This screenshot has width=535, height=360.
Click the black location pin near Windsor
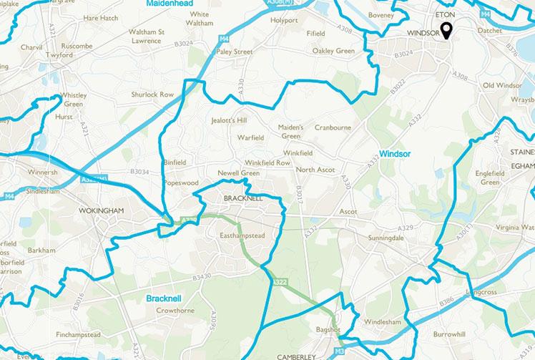point(446,29)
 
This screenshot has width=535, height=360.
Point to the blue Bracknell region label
point(166,297)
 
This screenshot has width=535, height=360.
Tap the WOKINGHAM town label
point(92,210)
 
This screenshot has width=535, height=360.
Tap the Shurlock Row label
point(152,94)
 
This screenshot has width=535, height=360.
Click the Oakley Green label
point(333,51)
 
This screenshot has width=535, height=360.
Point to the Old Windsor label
point(502,86)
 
